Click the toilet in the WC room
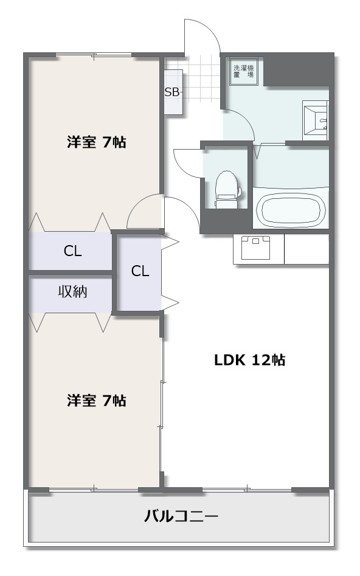click(x=227, y=190)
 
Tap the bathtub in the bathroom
click(x=291, y=209)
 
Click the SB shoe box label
click(x=172, y=92)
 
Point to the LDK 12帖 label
click(x=250, y=360)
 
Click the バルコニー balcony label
click(x=181, y=516)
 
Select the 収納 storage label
click(x=73, y=291)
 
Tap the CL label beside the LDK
click(x=140, y=271)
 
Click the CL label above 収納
click(x=72, y=251)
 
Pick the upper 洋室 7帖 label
click(x=97, y=142)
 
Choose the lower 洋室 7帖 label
click(x=97, y=400)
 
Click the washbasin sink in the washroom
click(x=316, y=120)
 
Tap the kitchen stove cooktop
click(x=255, y=247)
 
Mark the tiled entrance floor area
click(x=201, y=78)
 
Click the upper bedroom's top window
click(x=93, y=55)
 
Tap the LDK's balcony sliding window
click(x=247, y=489)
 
